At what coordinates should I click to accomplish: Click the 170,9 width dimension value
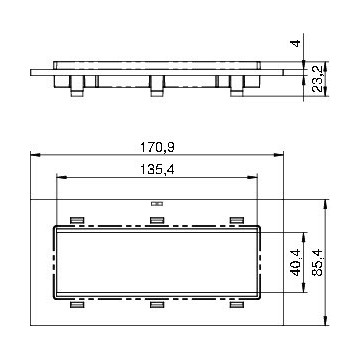[x=157, y=147]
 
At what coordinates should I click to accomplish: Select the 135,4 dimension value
[x=157, y=170]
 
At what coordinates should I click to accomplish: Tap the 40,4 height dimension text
[x=296, y=262]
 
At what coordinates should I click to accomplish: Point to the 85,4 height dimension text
[x=318, y=262]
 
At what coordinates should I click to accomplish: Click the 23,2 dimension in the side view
[x=318, y=79]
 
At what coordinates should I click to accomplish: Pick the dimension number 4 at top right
[x=296, y=43]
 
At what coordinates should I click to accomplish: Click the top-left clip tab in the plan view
[x=77, y=220]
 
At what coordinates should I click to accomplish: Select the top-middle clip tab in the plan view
[x=157, y=220]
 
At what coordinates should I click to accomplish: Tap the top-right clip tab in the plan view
[x=237, y=220]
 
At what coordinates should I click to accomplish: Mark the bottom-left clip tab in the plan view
[x=77, y=304]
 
